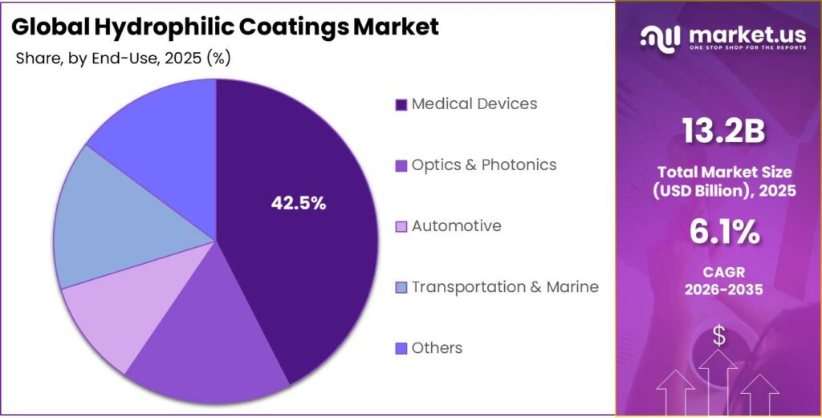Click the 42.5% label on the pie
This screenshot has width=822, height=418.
[x=299, y=204]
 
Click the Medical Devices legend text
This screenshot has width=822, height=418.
[x=474, y=104]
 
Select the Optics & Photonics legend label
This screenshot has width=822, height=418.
[x=483, y=165]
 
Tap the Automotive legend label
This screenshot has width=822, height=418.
[x=456, y=226]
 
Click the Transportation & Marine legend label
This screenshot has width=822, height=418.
[x=505, y=287]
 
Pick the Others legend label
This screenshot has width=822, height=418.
[x=437, y=348]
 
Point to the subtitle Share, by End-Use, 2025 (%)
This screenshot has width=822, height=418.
[x=123, y=59]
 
